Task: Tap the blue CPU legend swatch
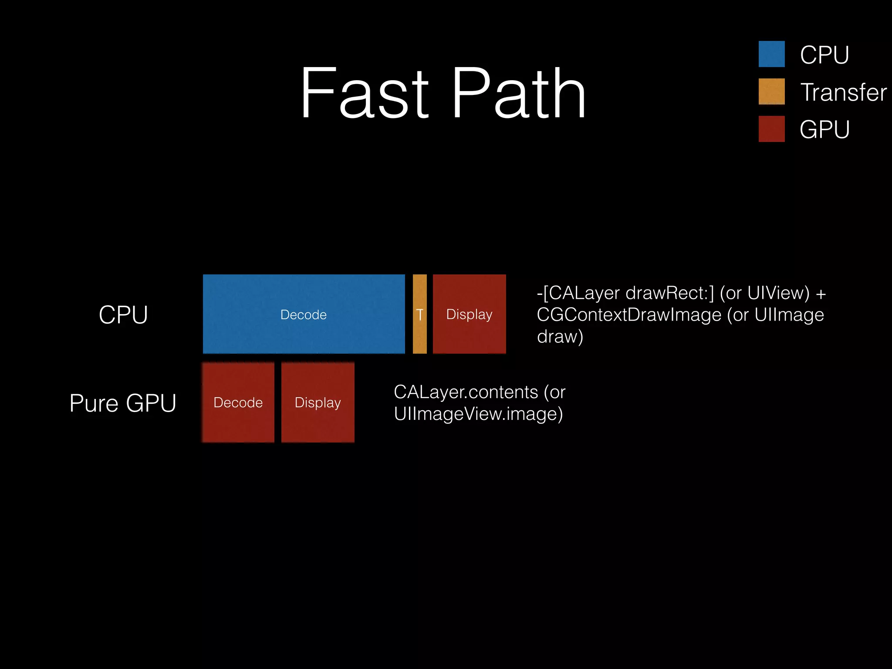[x=771, y=54]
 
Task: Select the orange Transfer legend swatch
[x=771, y=91]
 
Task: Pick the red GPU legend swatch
[x=771, y=129]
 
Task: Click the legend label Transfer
[x=843, y=92]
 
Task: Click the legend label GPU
[x=824, y=130]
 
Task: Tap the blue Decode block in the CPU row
[x=304, y=314]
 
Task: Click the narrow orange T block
[x=419, y=314]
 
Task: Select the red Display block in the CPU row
[x=469, y=314]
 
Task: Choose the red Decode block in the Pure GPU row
[x=238, y=402]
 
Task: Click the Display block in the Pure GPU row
[x=318, y=402]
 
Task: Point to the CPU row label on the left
[x=123, y=314]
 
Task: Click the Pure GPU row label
[x=123, y=403]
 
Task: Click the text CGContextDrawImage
[x=628, y=315]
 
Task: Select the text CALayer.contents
[x=466, y=392]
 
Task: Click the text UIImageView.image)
[x=478, y=414]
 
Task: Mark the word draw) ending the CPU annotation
[x=560, y=337]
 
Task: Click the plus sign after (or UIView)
[x=821, y=294]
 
